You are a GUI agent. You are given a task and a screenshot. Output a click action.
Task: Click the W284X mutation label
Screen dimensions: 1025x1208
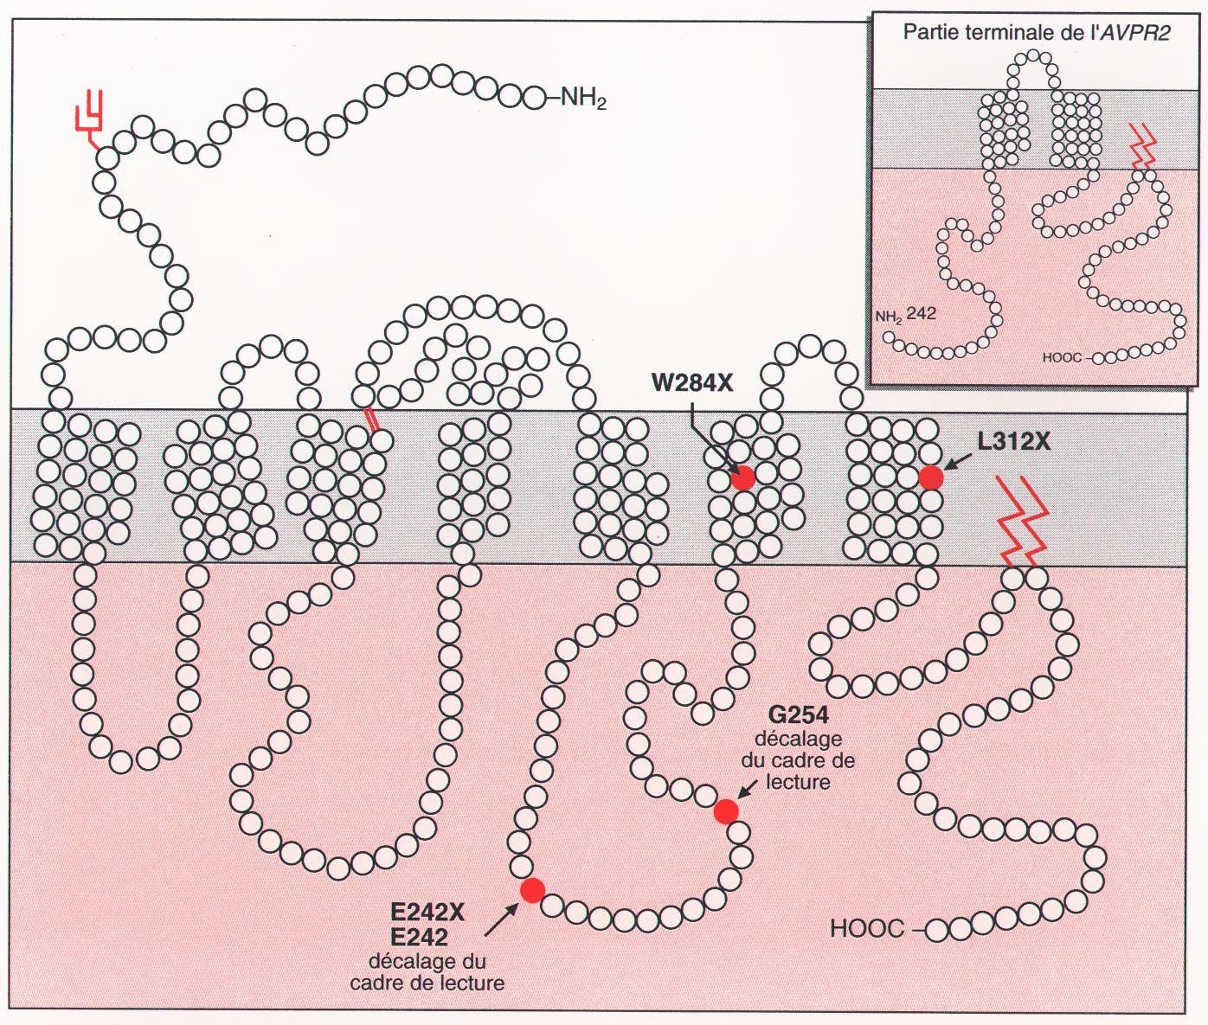pyautogui.click(x=692, y=382)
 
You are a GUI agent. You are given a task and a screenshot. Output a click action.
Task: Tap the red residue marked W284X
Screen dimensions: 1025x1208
pyautogui.click(x=742, y=477)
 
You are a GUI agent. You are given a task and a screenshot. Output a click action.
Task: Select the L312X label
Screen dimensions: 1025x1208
pyautogui.click(x=1013, y=442)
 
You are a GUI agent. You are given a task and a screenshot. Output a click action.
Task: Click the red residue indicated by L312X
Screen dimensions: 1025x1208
pyautogui.click(x=930, y=477)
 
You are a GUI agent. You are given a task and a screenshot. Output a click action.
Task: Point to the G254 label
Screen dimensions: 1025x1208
pyautogui.click(x=799, y=715)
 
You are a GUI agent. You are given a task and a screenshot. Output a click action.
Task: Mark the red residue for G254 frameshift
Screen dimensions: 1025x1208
pyautogui.click(x=726, y=811)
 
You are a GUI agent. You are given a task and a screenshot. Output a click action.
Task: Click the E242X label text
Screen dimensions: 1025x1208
pyautogui.click(x=427, y=913)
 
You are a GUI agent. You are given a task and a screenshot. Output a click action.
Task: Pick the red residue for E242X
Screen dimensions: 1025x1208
pyautogui.click(x=532, y=890)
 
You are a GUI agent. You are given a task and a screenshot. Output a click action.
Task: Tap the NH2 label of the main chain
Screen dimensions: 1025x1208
pyautogui.click(x=583, y=98)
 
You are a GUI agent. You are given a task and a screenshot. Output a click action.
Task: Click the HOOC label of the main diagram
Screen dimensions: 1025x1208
pyautogui.click(x=866, y=929)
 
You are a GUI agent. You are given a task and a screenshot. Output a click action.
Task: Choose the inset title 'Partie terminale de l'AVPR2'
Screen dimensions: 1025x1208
pyautogui.click(x=1036, y=33)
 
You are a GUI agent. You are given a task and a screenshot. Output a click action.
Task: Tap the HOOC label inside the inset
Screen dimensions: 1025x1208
pyautogui.click(x=1062, y=357)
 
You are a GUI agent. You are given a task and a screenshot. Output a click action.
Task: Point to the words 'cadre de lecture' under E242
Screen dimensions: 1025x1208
pyautogui.click(x=427, y=983)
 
